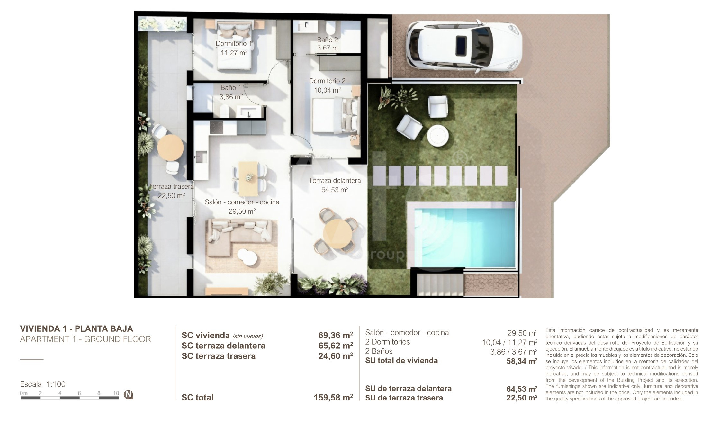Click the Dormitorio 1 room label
[234, 43]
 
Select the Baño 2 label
[328, 40]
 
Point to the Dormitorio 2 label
[327, 81]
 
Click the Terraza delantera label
[335, 181]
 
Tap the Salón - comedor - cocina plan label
[242, 202]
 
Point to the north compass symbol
[128, 394]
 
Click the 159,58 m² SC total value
[333, 398]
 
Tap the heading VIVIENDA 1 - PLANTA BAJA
[76, 328]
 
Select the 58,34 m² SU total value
[522, 361]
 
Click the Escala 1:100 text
[43, 384]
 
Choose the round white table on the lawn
[437, 136]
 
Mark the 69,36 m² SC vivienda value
[336, 335]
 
